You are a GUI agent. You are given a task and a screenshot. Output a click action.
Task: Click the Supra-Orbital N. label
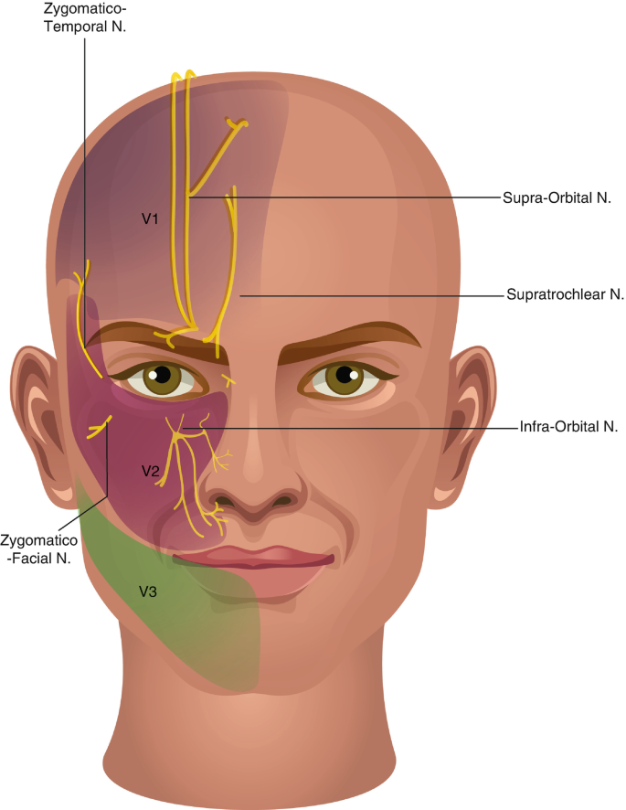(x=557, y=197)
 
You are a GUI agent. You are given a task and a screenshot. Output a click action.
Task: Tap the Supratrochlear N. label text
(x=565, y=294)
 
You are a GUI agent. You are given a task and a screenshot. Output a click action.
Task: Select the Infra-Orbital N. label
(x=568, y=427)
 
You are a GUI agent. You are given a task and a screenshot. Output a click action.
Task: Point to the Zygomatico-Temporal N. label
(x=85, y=17)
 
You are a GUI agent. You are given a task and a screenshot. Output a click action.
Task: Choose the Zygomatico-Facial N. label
(x=38, y=549)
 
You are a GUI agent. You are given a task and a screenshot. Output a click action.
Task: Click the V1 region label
(x=150, y=219)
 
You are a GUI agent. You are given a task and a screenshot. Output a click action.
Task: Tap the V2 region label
(x=150, y=471)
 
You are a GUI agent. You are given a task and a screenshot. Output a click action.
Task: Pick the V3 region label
(x=148, y=592)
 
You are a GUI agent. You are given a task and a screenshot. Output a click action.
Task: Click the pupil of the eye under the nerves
(x=163, y=375)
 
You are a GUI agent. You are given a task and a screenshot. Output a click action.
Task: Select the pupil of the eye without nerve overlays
(x=345, y=374)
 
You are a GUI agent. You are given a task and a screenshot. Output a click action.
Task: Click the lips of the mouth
(x=253, y=559)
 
